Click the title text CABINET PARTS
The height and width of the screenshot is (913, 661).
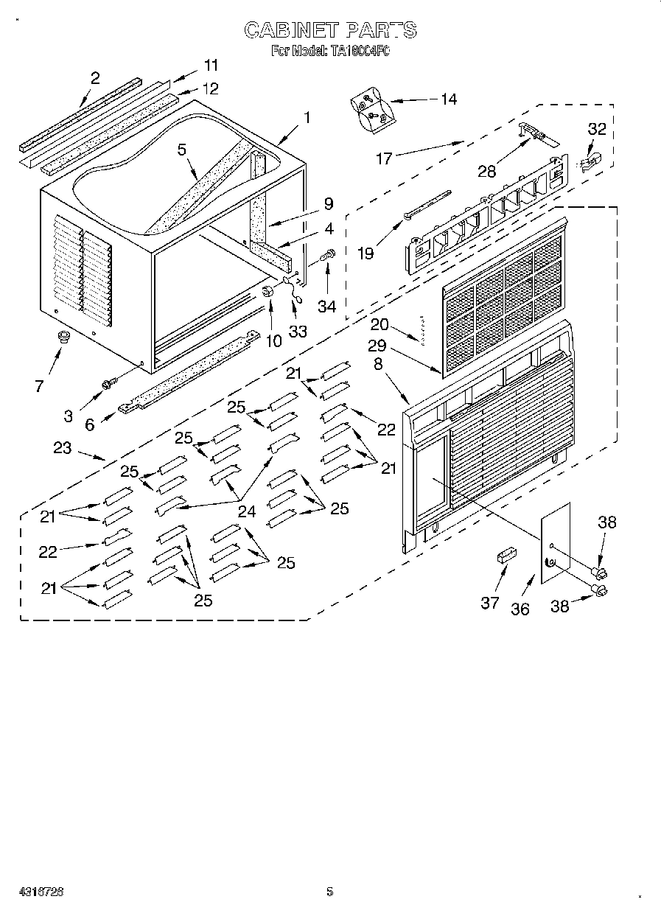pos(330,29)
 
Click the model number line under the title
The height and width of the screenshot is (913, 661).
pos(330,51)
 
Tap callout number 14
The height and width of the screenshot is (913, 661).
pos(447,99)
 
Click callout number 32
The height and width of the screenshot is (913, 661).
pos(596,129)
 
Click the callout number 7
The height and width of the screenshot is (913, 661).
pos(38,385)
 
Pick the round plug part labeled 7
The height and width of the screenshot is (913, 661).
pos(63,337)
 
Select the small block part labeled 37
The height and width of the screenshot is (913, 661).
pos(506,555)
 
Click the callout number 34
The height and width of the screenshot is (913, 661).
pos(326,305)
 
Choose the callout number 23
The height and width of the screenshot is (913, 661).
pos(63,447)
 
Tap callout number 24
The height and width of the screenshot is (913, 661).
pos(246,511)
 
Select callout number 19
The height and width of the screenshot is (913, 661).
pos(366,253)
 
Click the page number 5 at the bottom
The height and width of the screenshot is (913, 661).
pos(329,892)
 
